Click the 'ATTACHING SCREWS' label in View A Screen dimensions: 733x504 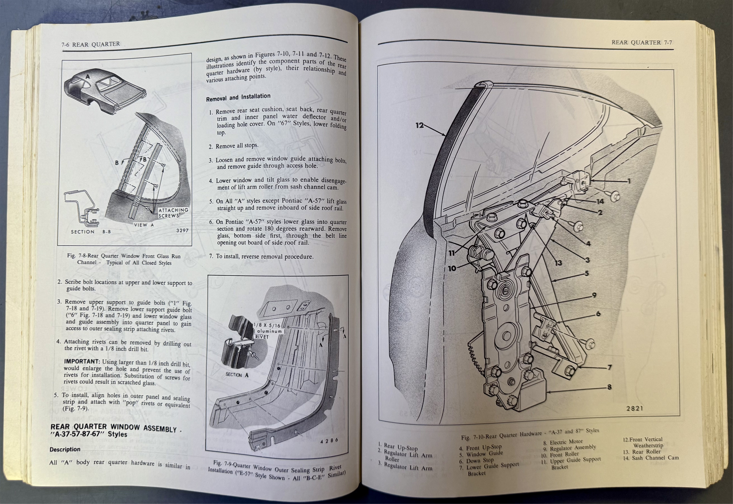[x=173, y=213]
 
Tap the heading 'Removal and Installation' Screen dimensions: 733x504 [x=238, y=98]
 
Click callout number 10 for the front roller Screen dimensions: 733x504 [x=452, y=268]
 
